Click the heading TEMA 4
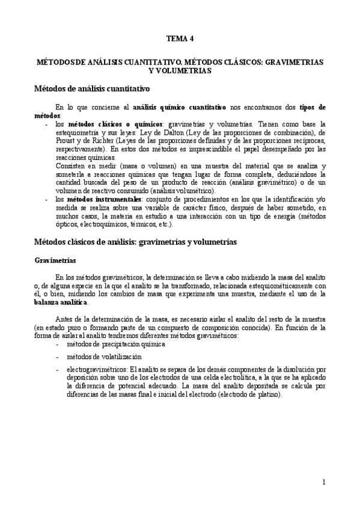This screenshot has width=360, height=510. tap(180, 38)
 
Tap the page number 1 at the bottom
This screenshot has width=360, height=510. tap(323, 482)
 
